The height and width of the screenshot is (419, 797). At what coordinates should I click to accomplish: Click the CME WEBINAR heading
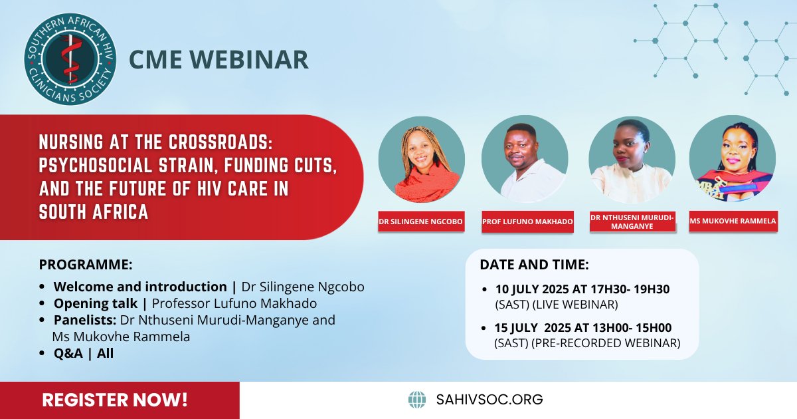(219, 59)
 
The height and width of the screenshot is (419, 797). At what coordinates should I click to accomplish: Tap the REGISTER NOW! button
(115, 400)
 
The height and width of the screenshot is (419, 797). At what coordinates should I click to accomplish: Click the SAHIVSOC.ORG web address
(489, 399)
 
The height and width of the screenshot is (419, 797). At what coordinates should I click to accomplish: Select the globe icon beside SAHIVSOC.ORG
(417, 399)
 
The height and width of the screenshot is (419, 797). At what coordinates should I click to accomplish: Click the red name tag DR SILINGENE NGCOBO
(421, 221)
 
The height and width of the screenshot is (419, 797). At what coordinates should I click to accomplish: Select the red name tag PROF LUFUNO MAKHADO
(527, 221)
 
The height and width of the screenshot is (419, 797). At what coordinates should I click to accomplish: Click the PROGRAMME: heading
(86, 264)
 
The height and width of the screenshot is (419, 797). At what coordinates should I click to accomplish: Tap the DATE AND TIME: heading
(534, 264)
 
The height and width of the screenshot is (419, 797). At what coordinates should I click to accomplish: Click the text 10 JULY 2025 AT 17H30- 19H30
(574, 289)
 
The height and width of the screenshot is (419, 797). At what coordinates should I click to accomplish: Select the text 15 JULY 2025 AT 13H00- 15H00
(574, 328)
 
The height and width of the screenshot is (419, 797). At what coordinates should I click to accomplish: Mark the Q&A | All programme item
(84, 353)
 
